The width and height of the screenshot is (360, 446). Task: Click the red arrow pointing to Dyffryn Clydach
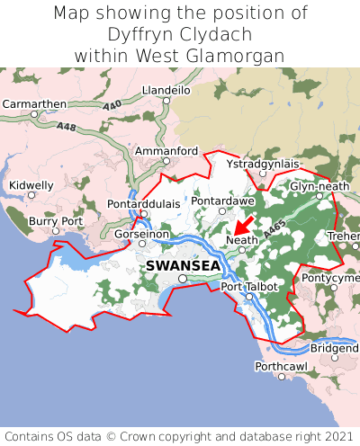[243, 224]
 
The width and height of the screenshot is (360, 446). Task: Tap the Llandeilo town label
[166, 91]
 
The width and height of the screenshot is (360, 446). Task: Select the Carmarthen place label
[34, 104]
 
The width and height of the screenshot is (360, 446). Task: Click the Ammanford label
[166, 150]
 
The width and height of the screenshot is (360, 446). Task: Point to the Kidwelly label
[31, 185]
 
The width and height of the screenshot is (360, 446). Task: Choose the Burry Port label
[56, 220]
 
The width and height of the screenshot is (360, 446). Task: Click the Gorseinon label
[141, 234]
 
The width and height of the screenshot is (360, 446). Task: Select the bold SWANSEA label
[183, 266]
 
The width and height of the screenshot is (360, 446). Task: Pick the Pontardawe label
[221, 201]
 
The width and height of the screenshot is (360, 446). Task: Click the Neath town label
[242, 241]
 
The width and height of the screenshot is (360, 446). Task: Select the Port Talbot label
[249, 287]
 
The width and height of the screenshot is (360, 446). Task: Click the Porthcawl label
[281, 366]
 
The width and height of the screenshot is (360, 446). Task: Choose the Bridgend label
[334, 348]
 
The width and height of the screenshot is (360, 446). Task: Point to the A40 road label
[112, 107]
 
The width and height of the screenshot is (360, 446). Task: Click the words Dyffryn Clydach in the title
[180, 34]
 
